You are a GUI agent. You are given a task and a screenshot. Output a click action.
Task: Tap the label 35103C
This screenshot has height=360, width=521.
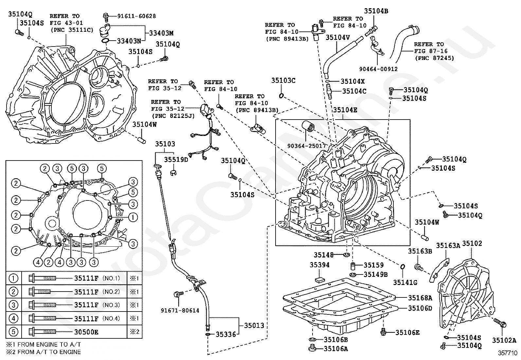coord(283,80)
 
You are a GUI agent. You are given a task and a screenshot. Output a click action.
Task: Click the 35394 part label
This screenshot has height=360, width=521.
coord(319,265)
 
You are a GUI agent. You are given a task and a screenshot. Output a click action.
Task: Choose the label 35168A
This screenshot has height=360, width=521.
coord(420,298)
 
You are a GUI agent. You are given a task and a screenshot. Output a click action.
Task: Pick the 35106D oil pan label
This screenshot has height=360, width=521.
coord(420,308)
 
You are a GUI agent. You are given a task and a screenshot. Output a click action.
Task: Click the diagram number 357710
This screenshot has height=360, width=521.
coord(508,353)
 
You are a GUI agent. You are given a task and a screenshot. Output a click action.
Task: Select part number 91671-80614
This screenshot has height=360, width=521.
coord(180,310)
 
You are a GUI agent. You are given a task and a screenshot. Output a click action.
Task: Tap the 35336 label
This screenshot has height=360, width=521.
coord(225,334)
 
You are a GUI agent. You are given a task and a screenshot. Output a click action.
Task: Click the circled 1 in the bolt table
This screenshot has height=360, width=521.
coord(13,278)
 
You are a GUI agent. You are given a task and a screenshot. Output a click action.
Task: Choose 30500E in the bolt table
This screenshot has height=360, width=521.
coord(86,332)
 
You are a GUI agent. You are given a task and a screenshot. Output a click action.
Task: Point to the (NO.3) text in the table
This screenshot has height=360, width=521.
coord(111,305)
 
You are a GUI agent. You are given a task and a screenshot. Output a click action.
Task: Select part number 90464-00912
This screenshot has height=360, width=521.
coord(378,69)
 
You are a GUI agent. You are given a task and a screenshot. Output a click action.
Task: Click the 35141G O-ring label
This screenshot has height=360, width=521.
coord(405,282)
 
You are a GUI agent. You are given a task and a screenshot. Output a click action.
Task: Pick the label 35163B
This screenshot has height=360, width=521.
coord(420,251)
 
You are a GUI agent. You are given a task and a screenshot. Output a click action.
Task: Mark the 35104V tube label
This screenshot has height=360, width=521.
coord(338,37)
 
